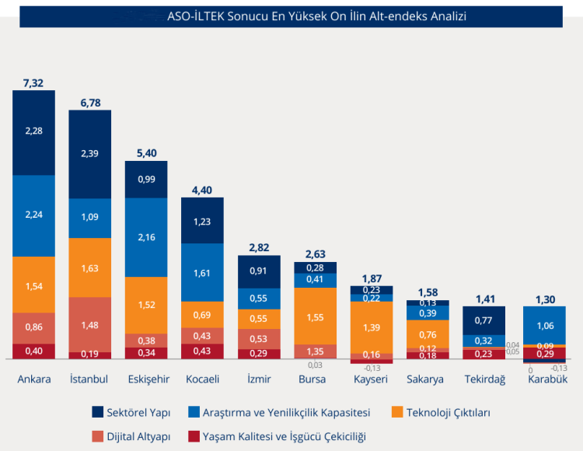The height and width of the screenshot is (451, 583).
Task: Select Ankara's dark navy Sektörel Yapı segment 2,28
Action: click(x=33, y=131)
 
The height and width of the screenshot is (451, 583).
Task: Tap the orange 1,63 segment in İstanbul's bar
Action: click(x=90, y=267)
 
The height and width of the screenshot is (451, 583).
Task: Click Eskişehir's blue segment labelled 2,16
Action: click(x=146, y=236)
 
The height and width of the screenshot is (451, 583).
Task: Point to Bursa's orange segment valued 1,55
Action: click(x=315, y=316)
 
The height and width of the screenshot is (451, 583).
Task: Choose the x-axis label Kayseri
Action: click(x=372, y=379)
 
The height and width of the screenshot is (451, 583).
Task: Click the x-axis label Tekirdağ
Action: click(x=484, y=379)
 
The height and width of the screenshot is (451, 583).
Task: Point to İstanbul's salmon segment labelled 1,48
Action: click(x=90, y=324)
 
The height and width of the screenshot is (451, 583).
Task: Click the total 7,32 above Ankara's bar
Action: click(x=33, y=82)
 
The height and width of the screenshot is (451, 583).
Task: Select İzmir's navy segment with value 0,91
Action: click(x=259, y=271)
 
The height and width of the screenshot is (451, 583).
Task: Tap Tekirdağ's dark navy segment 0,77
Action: click(x=484, y=320)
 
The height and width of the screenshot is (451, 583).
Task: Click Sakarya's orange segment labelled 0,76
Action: click(x=428, y=335)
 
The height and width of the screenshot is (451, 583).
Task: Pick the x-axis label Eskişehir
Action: click(x=146, y=379)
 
